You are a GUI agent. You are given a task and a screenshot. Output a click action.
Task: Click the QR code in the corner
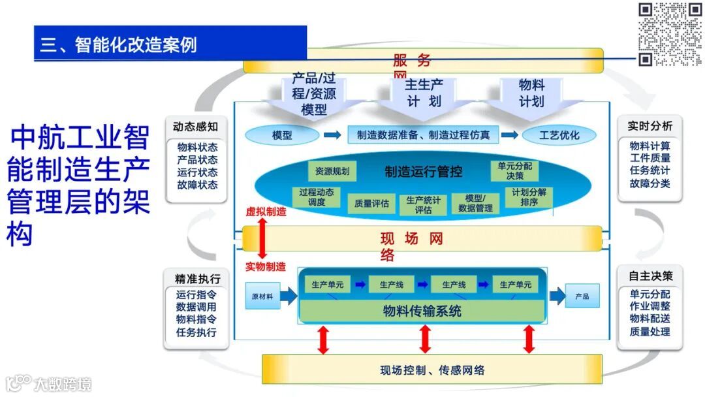pos(669,34)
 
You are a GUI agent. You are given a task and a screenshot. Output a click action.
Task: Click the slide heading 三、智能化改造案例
pos(119,44)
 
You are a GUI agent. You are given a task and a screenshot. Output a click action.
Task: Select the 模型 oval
pos(282,136)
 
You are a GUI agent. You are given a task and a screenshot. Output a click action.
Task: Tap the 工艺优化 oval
pos(559,136)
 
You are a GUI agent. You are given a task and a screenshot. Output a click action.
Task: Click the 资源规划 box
pos(332,172)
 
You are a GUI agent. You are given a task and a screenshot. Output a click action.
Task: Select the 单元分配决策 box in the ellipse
pos(515,171)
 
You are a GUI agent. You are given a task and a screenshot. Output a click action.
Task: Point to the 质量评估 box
pos(371,204)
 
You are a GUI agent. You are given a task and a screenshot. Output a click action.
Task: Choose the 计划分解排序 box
pos(529,197)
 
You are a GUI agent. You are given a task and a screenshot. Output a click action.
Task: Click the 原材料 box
pos(262,296)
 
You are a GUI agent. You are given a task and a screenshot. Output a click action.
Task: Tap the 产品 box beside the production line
pos(582,296)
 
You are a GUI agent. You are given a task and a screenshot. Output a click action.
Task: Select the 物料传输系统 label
pos(422,311)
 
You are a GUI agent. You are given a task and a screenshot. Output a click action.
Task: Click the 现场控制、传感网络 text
pos(432,370)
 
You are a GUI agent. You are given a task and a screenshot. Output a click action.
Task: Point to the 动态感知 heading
pos(195,127)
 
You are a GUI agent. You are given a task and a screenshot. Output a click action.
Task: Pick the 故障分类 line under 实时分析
pos(650,183)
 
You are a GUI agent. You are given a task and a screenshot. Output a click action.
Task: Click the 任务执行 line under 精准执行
pos(196,332)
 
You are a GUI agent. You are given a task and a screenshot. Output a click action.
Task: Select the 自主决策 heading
pos(650,276)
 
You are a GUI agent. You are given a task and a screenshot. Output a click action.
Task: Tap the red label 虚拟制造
pos(266,212)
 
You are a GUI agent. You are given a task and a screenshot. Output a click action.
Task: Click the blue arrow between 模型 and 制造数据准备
pos(332,135)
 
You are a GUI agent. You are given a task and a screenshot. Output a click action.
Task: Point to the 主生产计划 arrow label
pos(424,93)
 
